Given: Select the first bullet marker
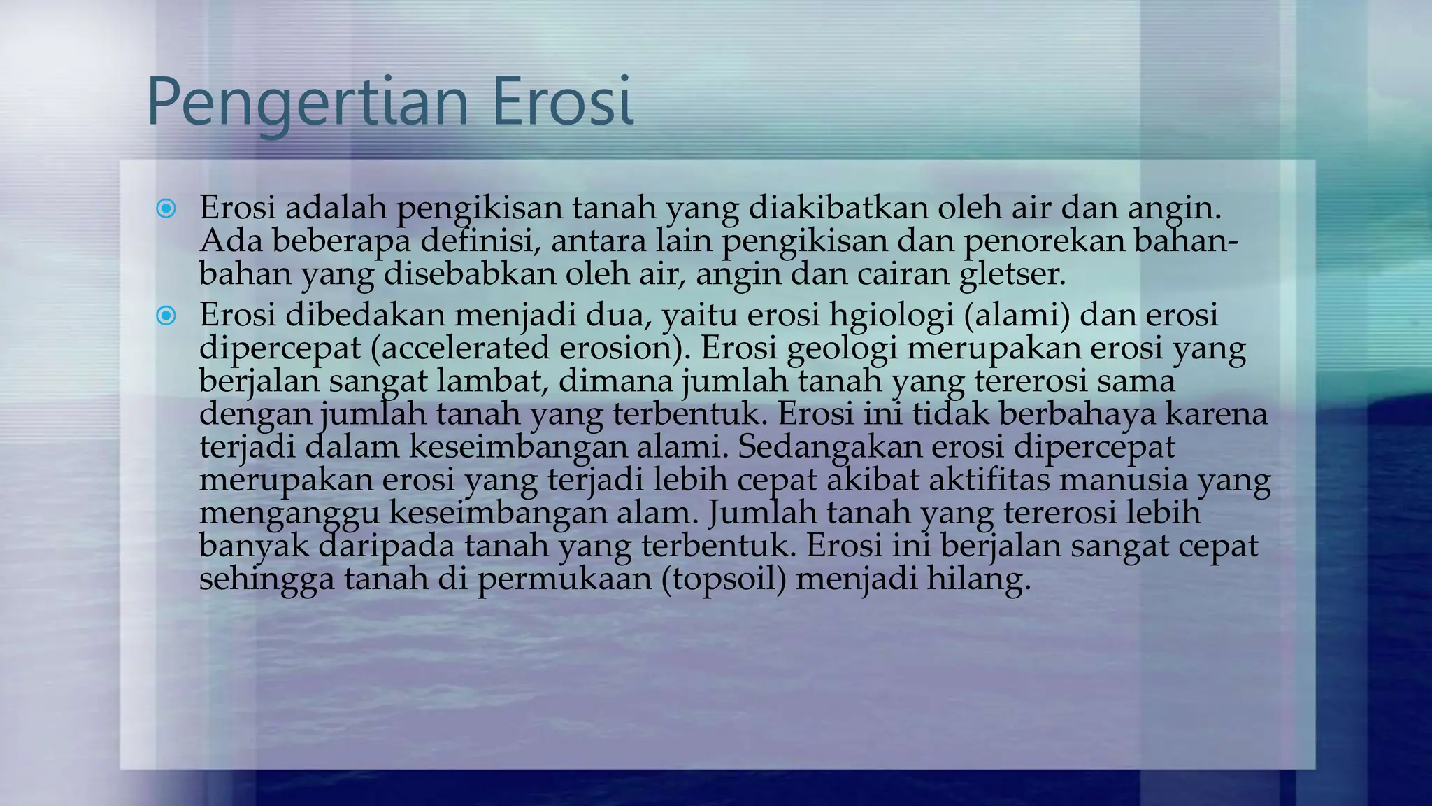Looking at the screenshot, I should tap(166, 208).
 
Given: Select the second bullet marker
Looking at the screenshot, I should tap(166, 316).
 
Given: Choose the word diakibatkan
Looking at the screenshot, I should tap(838, 208).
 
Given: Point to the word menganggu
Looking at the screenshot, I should tap(289, 514).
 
